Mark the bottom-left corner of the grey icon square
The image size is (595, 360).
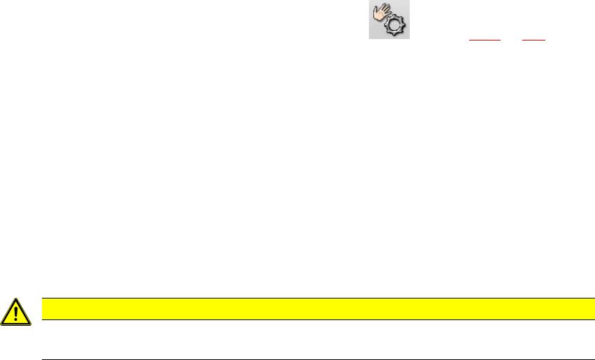tap(371, 38)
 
